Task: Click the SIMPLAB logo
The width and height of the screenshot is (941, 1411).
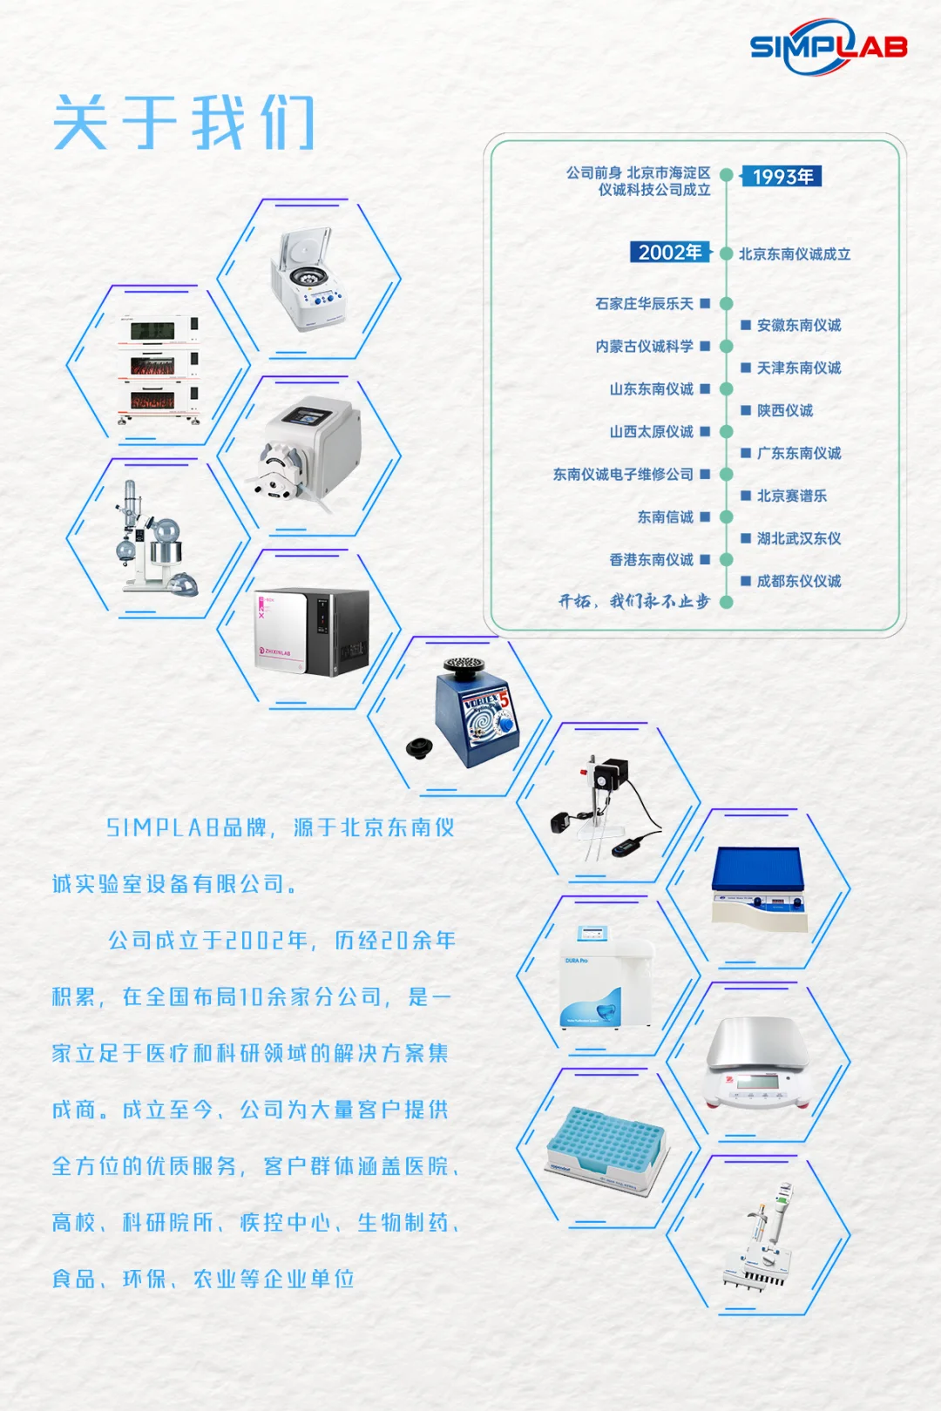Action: coord(828,47)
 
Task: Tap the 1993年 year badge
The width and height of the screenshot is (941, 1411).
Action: coord(782,177)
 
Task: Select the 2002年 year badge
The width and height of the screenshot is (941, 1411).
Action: coord(669,253)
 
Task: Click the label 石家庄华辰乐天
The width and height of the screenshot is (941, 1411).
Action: coord(644,304)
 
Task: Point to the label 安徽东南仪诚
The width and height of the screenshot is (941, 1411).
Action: coord(798,326)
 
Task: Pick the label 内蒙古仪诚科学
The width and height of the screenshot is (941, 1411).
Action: coord(644,347)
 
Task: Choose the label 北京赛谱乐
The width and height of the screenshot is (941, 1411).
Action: coord(791,496)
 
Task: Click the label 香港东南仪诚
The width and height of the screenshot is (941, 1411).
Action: coord(651,560)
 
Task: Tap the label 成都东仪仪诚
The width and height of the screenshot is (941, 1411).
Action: coord(798,581)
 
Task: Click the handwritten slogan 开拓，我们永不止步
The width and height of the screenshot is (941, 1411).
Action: coord(633,601)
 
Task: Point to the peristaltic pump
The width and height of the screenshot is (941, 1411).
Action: coord(309,453)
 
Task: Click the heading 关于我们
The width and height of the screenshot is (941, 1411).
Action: coord(183,124)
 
